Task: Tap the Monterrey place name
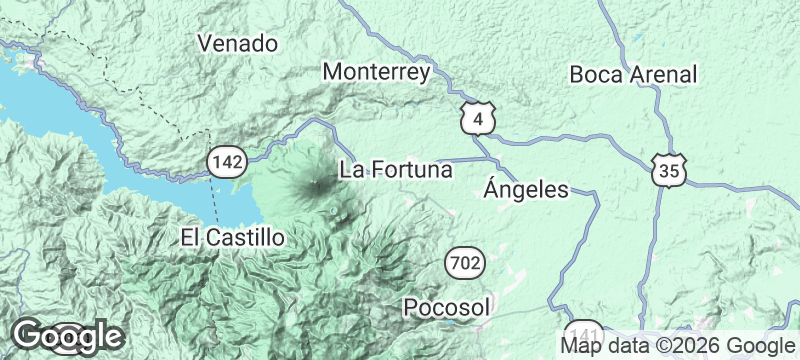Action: (x=377, y=72)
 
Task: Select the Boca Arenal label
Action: (x=632, y=74)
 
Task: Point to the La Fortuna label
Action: (x=397, y=169)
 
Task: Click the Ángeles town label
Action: (x=525, y=189)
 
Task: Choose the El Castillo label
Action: (x=233, y=237)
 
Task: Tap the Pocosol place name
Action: (x=447, y=306)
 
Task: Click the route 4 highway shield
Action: (x=478, y=119)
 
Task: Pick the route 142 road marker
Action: (x=227, y=161)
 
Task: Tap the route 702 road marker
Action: (x=463, y=264)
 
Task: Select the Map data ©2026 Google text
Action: (x=674, y=346)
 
